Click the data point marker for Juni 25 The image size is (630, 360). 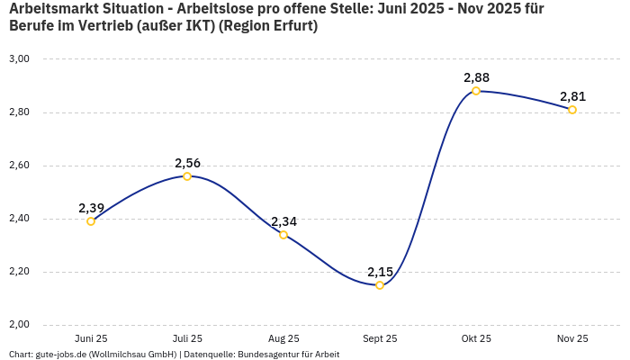point(91,221)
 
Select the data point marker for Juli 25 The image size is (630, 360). point(187,176)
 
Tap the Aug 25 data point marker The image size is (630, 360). point(283,235)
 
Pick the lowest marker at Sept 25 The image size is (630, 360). point(380,285)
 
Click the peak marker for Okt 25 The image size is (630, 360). point(476,91)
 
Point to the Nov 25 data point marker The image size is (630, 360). point(572,110)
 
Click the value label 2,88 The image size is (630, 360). point(476,77)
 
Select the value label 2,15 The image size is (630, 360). point(380,272)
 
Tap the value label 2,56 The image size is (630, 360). point(187,163)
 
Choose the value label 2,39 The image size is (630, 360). point(91,208)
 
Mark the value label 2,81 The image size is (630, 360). point(572,96)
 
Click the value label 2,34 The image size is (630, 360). point(283,221)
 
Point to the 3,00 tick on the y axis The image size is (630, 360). point(19,59)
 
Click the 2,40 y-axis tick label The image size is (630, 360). point(19,219)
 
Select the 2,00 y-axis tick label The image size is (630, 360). point(19,325)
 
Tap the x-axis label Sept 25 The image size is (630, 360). point(380,338)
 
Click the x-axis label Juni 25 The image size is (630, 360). point(91,338)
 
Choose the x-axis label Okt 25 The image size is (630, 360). point(476,338)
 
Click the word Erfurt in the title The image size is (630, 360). point(291,26)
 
